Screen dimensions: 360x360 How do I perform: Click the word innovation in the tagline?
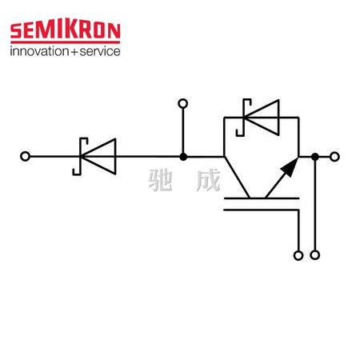click(39, 51)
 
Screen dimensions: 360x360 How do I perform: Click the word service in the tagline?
click(100, 51)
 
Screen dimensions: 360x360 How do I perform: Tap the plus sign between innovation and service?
click(74, 52)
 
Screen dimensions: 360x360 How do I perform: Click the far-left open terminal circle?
click(25, 156)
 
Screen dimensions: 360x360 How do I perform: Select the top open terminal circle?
click(183, 103)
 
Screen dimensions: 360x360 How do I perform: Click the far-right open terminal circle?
click(334, 157)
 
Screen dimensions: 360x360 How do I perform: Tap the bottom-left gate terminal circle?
click(298, 255)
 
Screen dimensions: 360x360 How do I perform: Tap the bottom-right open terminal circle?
click(315, 255)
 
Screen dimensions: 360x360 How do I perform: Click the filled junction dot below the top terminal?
click(183, 157)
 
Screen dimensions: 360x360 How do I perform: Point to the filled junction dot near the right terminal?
click(315, 157)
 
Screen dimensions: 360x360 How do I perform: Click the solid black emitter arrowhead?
click(290, 166)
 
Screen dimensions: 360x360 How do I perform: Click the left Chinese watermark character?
click(160, 180)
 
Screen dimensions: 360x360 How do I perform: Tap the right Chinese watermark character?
click(208, 180)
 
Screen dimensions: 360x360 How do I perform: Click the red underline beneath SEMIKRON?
click(66, 42)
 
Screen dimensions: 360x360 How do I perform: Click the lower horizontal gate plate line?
click(262, 210)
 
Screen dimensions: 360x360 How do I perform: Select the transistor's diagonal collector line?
click(237, 178)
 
